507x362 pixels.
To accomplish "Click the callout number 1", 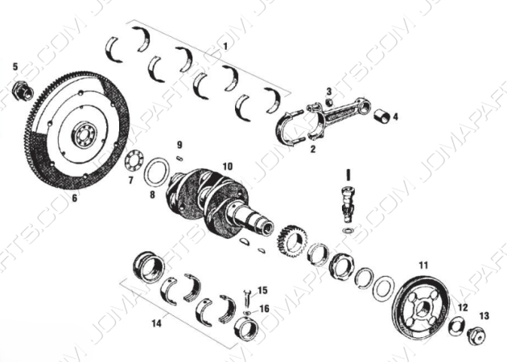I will pyautogui.click(x=226, y=47).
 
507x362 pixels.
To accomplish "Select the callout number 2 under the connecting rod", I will pyautogui.click(x=312, y=148).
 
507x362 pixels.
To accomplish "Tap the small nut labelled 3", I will pyautogui.click(x=328, y=102).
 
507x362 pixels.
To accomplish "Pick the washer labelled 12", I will pyautogui.click(x=455, y=325).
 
